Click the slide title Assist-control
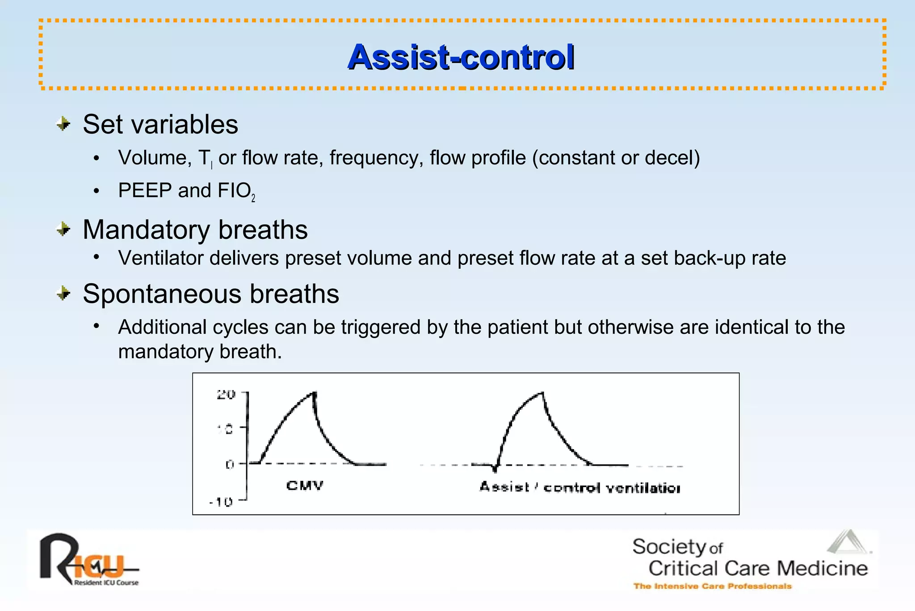pyautogui.click(x=461, y=57)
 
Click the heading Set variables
pyautogui.click(x=160, y=124)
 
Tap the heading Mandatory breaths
pyautogui.click(x=195, y=230)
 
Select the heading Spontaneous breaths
pyautogui.click(x=211, y=294)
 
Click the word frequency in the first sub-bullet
pyautogui.click(x=376, y=158)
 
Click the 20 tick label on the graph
pyautogui.click(x=226, y=395)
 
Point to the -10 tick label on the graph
pyautogui.click(x=221, y=502)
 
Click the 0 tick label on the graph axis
pyautogui.click(x=230, y=465)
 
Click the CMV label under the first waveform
pyautogui.click(x=305, y=486)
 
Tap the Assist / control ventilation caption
pyautogui.click(x=579, y=488)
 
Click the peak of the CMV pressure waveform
pyautogui.click(x=315, y=393)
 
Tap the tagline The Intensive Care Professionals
pyautogui.click(x=712, y=586)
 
